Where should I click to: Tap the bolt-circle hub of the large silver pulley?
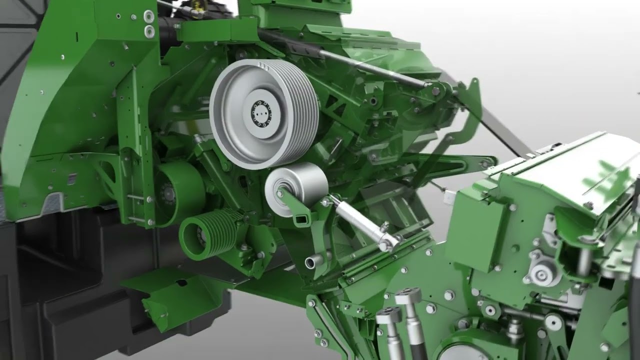tap(260, 113)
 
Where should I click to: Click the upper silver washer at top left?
tap(149, 16)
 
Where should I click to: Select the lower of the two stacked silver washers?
tap(149, 32)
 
